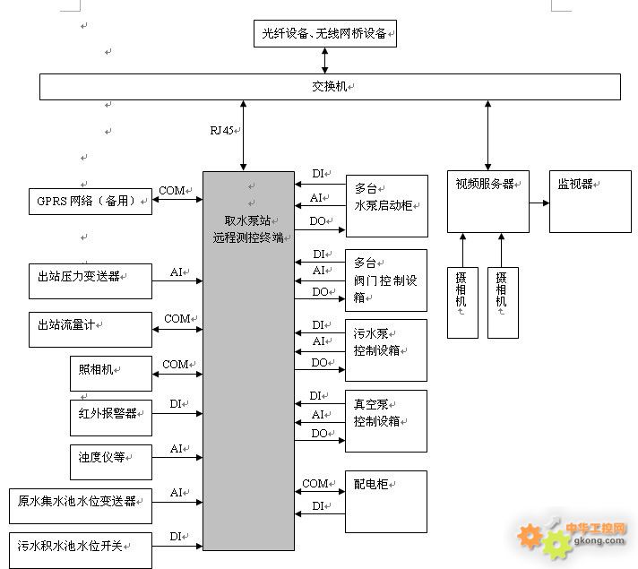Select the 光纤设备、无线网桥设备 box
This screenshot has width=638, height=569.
[x=324, y=34]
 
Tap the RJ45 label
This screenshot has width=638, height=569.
[x=221, y=130]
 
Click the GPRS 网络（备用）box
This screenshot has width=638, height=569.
[x=90, y=202]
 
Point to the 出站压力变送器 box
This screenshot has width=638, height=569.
[x=90, y=280]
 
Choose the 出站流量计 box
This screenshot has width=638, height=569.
[x=90, y=330]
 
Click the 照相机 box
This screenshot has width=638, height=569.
[x=110, y=374]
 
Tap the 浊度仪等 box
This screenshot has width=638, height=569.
[x=110, y=461]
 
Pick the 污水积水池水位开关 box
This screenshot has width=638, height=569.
[x=81, y=547]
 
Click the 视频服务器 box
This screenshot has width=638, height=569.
[x=487, y=202]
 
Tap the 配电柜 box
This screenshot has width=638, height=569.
[x=385, y=502]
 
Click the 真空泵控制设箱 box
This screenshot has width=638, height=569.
[x=385, y=420]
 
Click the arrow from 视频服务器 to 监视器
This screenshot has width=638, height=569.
[x=539, y=203]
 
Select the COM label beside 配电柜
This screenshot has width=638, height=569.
[x=315, y=484]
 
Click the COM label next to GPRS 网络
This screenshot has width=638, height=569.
[x=172, y=191]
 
